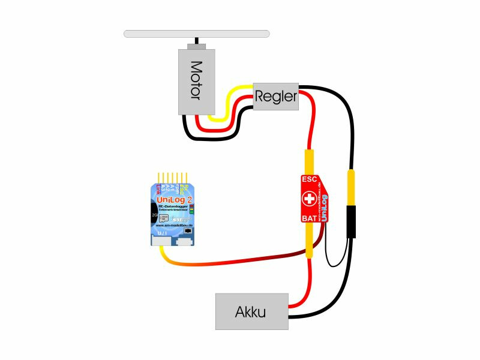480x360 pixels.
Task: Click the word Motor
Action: (197, 81)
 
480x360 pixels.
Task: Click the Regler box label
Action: (276, 96)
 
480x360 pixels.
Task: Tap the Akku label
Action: (251, 312)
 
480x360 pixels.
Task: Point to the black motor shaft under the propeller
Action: (196, 41)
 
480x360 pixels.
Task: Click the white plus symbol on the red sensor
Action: (309, 198)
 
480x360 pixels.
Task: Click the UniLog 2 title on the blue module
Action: (173, 200)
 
